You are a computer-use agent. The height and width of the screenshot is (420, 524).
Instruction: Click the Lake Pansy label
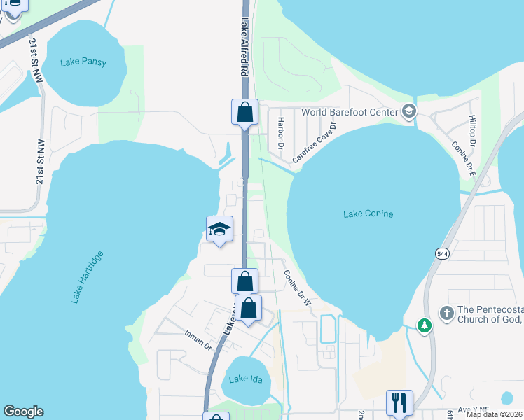pos(83,62)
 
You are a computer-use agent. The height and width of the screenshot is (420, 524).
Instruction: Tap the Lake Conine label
pos(368,213)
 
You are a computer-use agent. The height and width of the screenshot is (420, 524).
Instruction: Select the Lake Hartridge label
pos(87,276)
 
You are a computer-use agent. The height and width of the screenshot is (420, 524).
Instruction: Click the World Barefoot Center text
pos(349,112)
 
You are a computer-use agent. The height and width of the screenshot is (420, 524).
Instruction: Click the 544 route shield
pos(442,253)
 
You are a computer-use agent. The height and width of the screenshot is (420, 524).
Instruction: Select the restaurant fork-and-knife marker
pos(399,402)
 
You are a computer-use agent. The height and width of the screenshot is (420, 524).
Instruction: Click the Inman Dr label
pos(198,341)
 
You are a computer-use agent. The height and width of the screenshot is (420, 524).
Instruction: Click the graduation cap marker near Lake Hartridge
pos(219,229)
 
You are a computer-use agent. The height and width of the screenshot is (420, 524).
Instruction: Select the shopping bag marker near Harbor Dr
pos(245,111)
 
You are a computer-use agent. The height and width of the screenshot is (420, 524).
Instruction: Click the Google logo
pos(23,412)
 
